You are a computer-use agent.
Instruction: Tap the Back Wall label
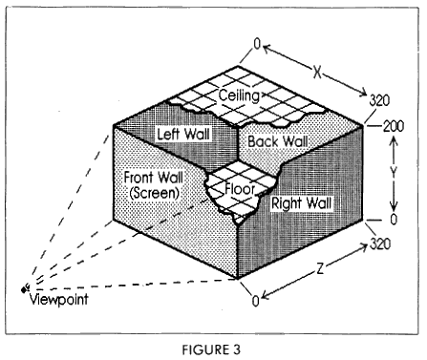[277, 141]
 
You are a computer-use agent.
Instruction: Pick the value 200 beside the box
[395, 125]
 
